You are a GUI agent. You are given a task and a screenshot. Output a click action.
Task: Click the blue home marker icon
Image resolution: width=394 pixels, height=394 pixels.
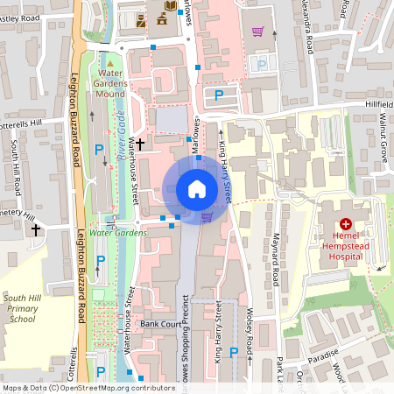(196, 188)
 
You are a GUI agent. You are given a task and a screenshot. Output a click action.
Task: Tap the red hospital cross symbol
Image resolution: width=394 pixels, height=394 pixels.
(345, 225)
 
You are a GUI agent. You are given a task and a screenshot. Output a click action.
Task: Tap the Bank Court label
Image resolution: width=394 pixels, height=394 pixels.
(159, 323)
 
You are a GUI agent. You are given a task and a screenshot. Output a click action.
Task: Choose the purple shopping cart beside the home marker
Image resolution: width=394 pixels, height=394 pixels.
(207, 217)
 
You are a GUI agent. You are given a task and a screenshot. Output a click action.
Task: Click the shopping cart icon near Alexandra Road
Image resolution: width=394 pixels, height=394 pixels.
(257, 32)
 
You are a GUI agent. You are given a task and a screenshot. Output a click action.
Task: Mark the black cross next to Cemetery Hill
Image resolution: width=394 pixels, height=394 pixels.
(36, 230)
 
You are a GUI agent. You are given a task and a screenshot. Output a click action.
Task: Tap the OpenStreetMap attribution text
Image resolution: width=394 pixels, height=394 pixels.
(88, 387)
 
